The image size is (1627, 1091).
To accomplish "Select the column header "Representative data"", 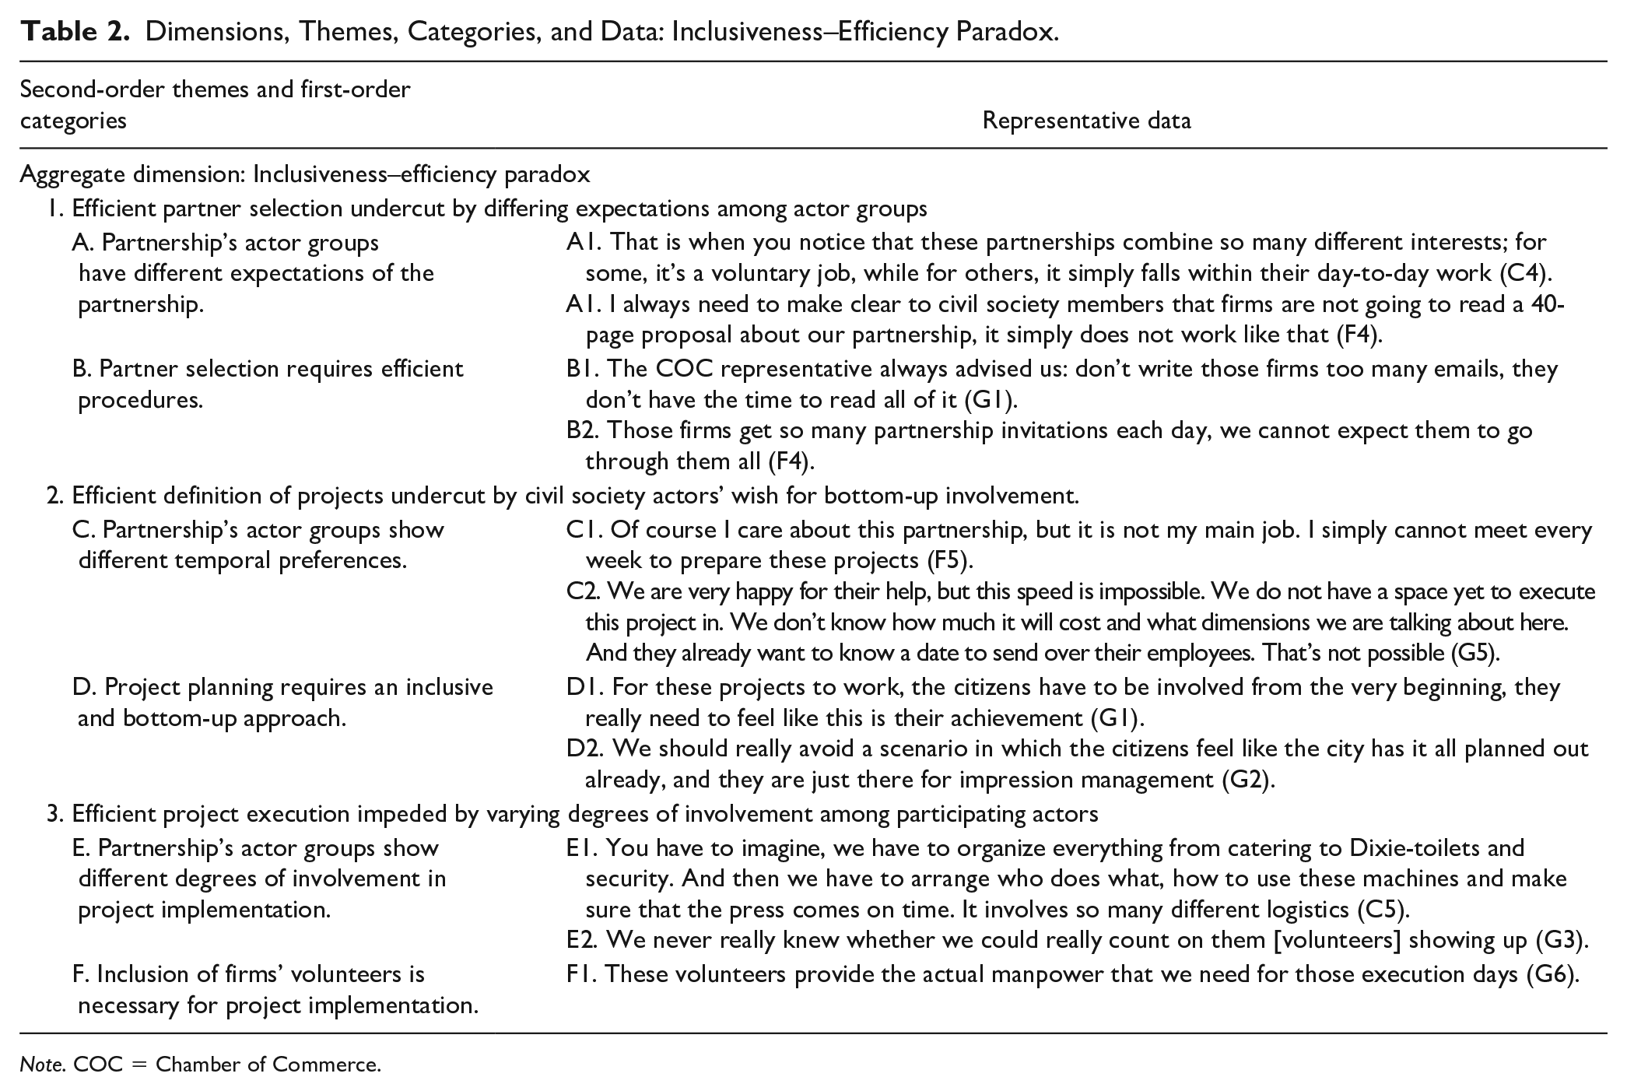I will (1086, 121).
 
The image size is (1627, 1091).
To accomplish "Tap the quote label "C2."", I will (583, 592).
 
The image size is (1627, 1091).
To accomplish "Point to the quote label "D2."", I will (585, 749).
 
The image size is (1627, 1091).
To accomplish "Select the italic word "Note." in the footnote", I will (42, 1064).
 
